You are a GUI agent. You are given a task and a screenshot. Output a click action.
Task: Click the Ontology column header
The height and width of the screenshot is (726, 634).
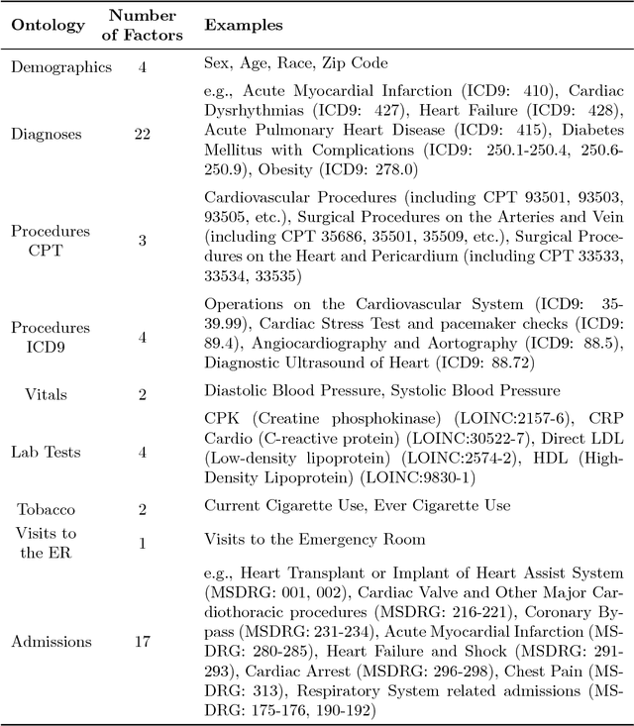(47, 26)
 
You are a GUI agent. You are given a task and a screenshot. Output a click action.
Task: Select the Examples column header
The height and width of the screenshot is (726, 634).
(243, 26)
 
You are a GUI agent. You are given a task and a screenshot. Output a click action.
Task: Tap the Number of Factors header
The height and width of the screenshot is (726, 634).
(143, 26)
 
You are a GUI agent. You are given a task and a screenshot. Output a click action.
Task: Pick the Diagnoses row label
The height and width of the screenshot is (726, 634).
(47, 133)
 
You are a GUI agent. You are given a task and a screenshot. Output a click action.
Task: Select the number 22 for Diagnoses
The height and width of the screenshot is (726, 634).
(143, 133)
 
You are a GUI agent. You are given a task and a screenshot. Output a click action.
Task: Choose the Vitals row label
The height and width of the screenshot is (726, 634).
(47, 394)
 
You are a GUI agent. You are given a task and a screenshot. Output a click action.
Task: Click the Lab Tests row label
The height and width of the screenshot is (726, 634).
(47, 452)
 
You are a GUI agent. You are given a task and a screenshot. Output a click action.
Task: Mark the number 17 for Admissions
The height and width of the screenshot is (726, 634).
(143, 641)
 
